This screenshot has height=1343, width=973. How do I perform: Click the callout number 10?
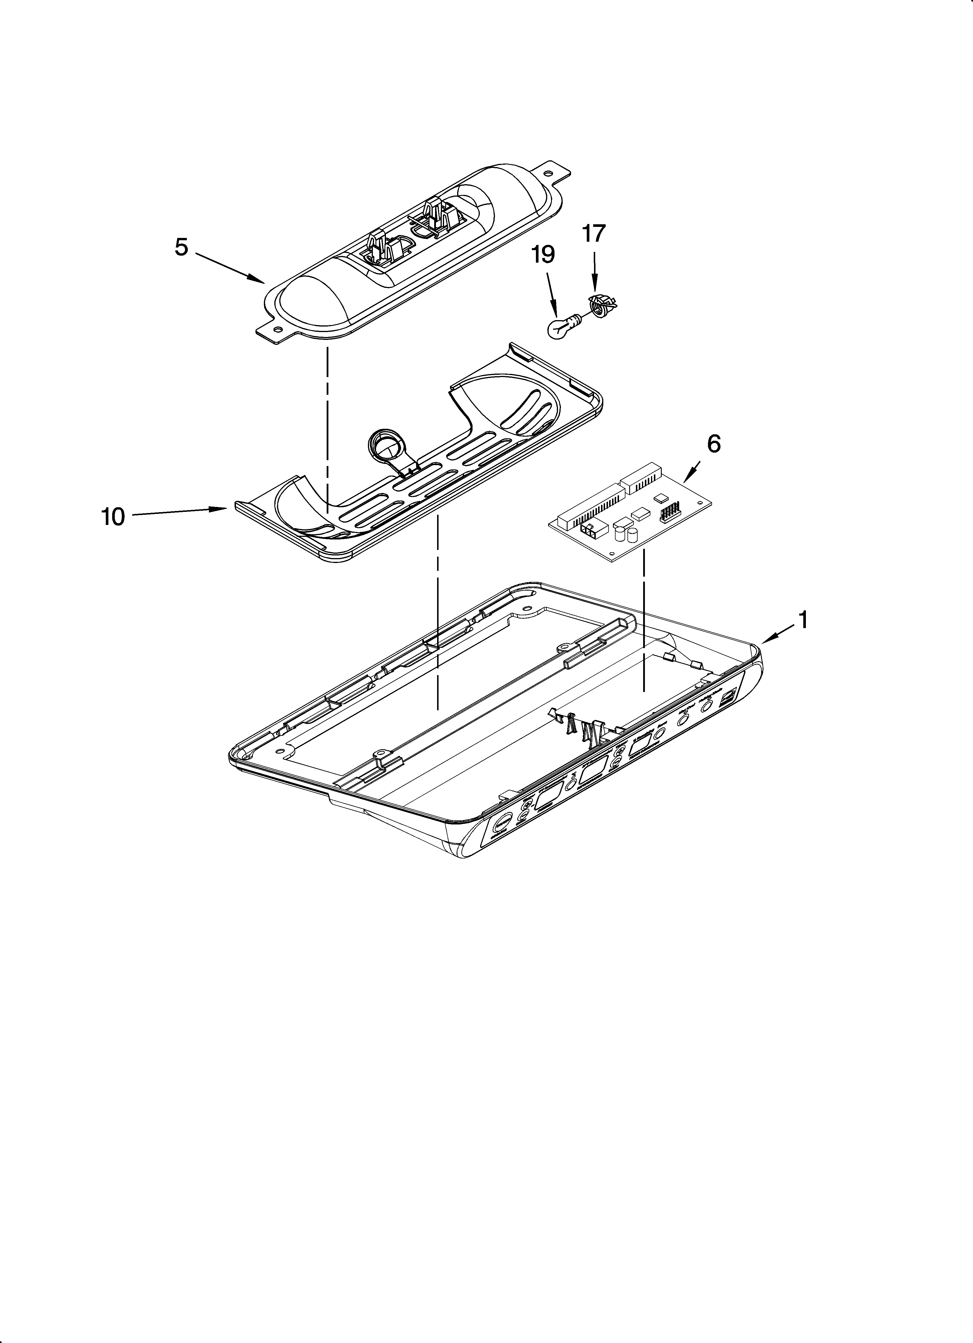113,517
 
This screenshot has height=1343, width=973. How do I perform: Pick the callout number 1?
803,620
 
